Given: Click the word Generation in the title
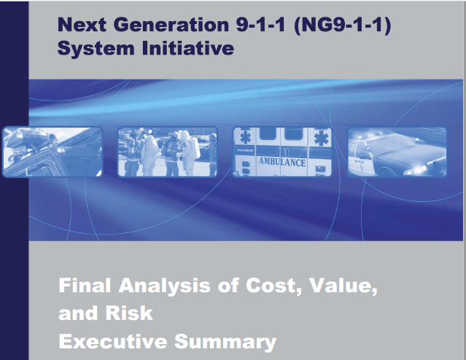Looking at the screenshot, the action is click(171, 24).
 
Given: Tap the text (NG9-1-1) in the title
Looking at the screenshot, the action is click(342, 25).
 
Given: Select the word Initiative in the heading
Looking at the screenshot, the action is click(188, 48).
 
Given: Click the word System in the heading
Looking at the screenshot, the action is click(96, 49).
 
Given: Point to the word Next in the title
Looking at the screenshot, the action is click(82, 24).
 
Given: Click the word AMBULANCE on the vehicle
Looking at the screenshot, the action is click(282, 163).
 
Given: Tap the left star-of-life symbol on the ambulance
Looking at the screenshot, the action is click(245, 138).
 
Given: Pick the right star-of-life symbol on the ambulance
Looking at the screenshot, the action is click(321, 138).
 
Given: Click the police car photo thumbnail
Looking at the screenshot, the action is click(397, 152).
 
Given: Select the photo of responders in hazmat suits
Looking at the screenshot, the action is click(167, 152).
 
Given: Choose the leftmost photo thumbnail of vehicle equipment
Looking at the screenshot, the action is click(53, 152).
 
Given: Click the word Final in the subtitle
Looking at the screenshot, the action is click(85, 285).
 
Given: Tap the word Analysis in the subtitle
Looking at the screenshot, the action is click(164, 286).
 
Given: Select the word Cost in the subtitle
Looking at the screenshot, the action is click(273, 286).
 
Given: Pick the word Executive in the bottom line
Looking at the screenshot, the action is click(113, 342).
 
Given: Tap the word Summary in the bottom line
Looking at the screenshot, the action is click(225, 343).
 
